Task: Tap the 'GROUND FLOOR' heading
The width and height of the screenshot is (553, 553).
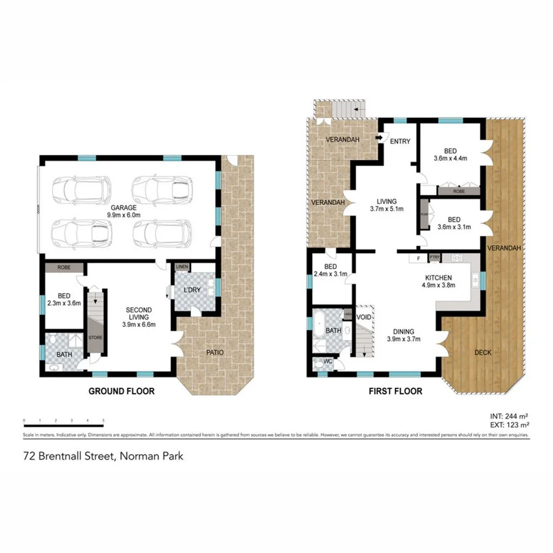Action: [x=121, y=391]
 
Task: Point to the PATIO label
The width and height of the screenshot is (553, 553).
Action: [x=215, y=353]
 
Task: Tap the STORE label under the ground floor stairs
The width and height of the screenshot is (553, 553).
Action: [x=95, y=337]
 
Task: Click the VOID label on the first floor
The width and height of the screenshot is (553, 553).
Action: [x=364, y=318]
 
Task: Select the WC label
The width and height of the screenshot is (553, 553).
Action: [x=327, y=361]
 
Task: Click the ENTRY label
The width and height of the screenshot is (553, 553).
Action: [x=400, y=142]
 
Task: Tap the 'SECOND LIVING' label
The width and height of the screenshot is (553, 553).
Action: [x=139, y=313]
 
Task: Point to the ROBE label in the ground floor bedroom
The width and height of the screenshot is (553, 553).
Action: [x=63, y=268]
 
